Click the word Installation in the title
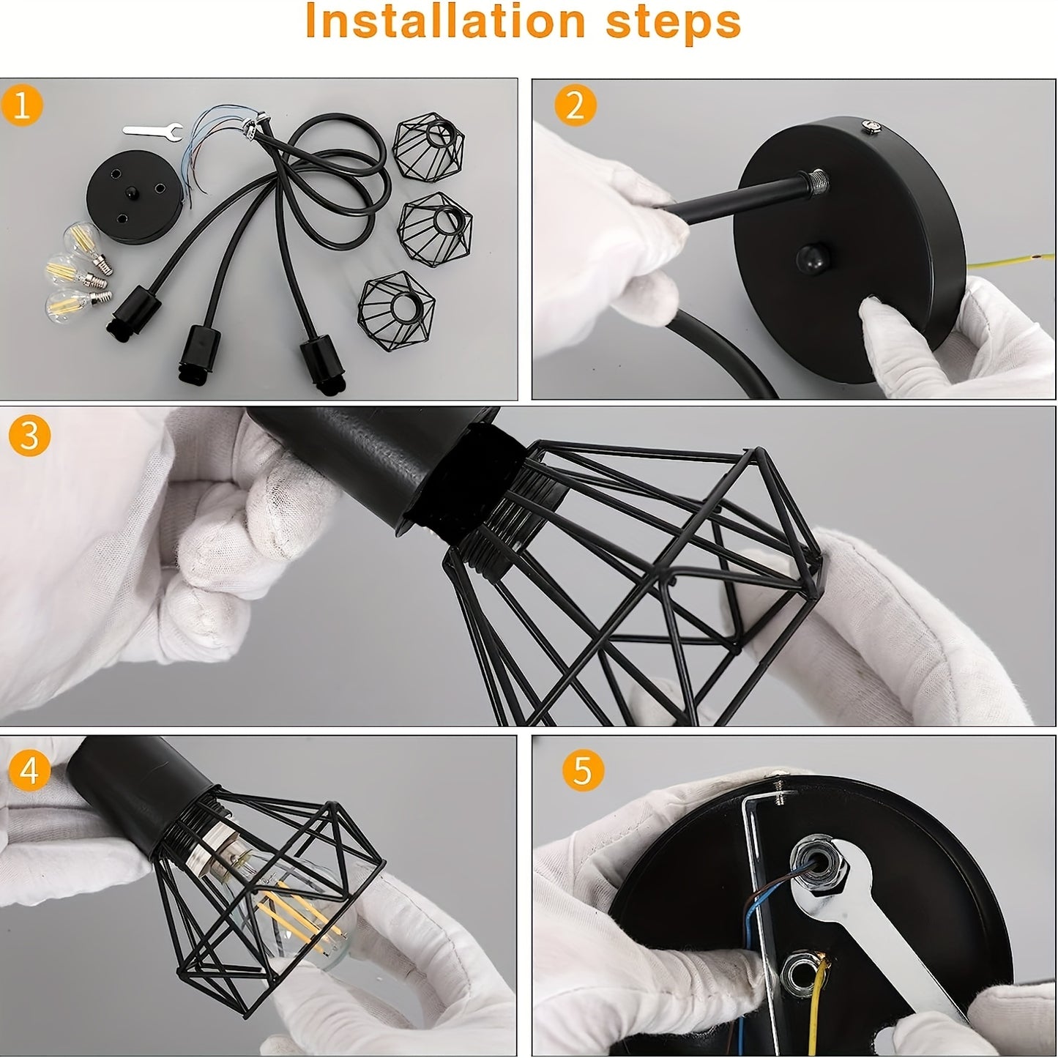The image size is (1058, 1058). pos(444,22)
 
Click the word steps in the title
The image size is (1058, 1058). pos(673,22)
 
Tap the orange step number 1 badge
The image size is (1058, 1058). pos(23,106)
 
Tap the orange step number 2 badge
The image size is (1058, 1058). pos(575,106)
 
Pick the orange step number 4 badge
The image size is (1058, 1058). pos(29,770)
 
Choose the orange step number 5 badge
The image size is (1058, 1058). pos(582,770)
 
